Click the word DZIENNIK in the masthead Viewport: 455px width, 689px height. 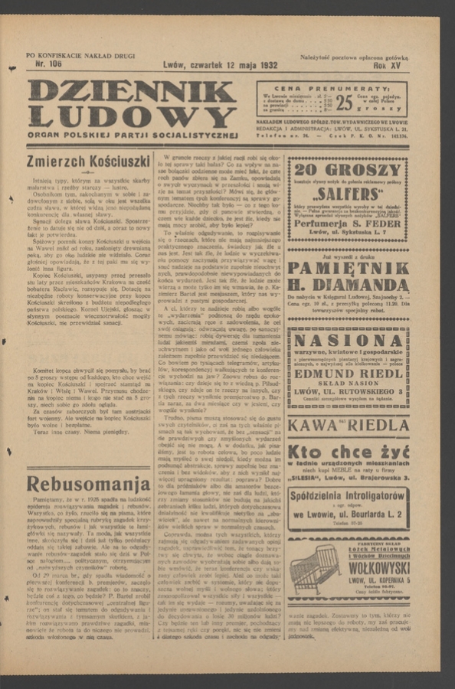(x=132, y=91)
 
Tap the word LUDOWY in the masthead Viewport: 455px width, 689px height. (x=132, y=117)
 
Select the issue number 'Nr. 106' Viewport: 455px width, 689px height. (x=48, y=64)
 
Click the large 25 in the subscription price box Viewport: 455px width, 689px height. (x=344, y=101)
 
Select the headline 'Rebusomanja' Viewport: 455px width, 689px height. (x=88, y=484)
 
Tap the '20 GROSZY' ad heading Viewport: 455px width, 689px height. (x=347, y=170)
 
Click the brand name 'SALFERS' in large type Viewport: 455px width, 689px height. (x=347, y=194)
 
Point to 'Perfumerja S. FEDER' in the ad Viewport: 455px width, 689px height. (x=347, y=223)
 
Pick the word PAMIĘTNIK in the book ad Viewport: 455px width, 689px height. (x=347, y=269)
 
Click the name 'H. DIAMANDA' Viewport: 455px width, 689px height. (x=347, y=288)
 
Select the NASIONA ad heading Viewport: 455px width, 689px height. (x=347, y=341)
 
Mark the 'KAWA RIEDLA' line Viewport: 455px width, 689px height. (x=347, y=425)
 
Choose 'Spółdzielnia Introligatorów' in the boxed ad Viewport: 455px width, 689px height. (x=347, y=495)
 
